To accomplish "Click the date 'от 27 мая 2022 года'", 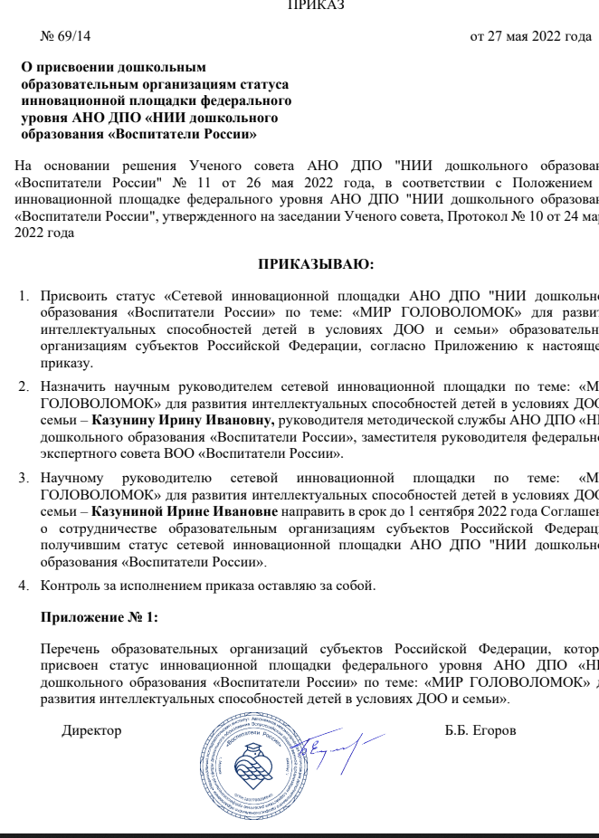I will [530, 37].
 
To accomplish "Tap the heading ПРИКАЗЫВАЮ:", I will [316, 264].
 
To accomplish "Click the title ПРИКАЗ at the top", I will [315, 5].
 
